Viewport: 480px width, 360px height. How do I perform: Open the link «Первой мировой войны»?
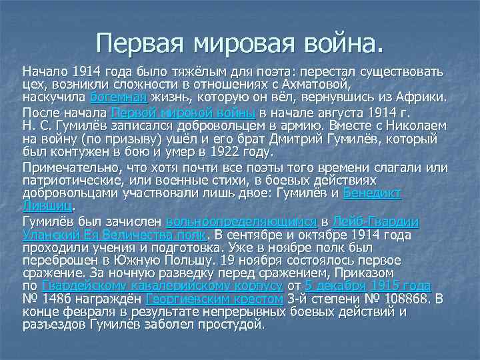183,112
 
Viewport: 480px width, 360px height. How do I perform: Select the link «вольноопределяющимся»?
240,220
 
